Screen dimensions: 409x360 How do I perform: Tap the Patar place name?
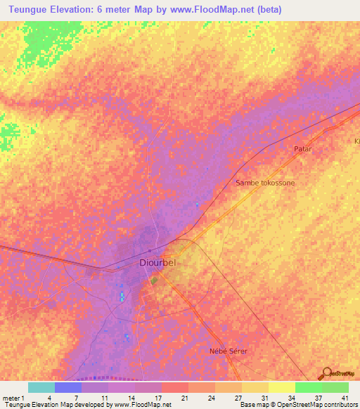[x=302, y=150]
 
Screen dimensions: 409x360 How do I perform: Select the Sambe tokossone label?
[x=265, y=183]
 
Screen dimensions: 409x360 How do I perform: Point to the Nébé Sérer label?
[x=229, y=350]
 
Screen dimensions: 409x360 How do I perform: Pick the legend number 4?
[x=49, y=398]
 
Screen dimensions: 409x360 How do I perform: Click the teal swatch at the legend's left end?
[x=41, y=387]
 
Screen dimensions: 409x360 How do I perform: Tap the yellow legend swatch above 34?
[x=281, y=387]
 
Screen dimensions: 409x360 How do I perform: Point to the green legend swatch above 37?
[x=308, y=387]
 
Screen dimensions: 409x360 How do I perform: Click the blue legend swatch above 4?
[x=67, y=387]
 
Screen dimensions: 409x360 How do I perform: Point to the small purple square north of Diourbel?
[x=150, y=249]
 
